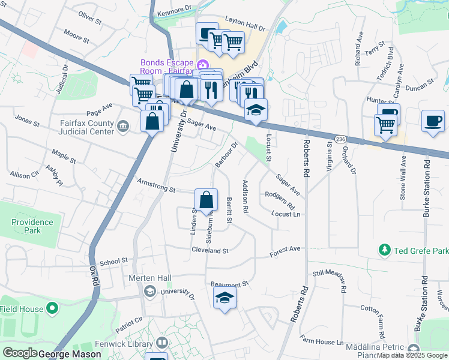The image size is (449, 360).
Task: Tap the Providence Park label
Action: click(x=32, y=226)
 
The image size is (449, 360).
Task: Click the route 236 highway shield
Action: click(x=340, y=138)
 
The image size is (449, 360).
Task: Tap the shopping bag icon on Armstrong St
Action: click(x=206, y=200)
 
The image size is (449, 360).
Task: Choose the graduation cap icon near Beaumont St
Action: click(x=224, y=298)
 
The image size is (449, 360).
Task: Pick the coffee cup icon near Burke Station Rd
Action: click(x=433, y=121)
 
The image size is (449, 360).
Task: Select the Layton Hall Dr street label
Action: click(x=245, y=27)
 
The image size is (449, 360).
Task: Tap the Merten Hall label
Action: click(x=150, y=278)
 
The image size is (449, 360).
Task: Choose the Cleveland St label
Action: click(x=211, y=250)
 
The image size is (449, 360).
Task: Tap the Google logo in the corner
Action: click(x=19, y=353)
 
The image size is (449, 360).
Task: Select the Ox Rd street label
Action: click(x=92, y=278)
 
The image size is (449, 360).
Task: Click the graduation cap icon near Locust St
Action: click(x=256, y=110)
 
